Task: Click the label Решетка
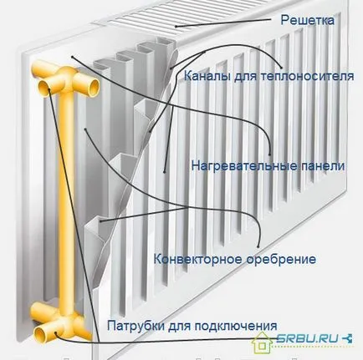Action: click(x=307, y=20)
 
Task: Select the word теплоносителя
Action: click(x=307, y=76)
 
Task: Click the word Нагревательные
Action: click(x=240, y=166)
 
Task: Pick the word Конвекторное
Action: click(x=198, y=259)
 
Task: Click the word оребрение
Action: click(x=282, y=259)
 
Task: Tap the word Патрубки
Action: click(x=134, y=325)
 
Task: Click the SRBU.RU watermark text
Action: click(x=309, y=338)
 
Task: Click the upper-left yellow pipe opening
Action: click(x=45, y=88)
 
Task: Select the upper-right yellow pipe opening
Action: click(x=92, y=88)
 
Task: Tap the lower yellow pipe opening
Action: click(x=42, y=334)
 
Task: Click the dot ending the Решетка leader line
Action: click(x=176, y=27)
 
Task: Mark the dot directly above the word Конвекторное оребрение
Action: click(x=258, y=246)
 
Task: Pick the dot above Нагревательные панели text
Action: click(x=269, y=155)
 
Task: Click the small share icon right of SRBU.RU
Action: click(x=348, y=338)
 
